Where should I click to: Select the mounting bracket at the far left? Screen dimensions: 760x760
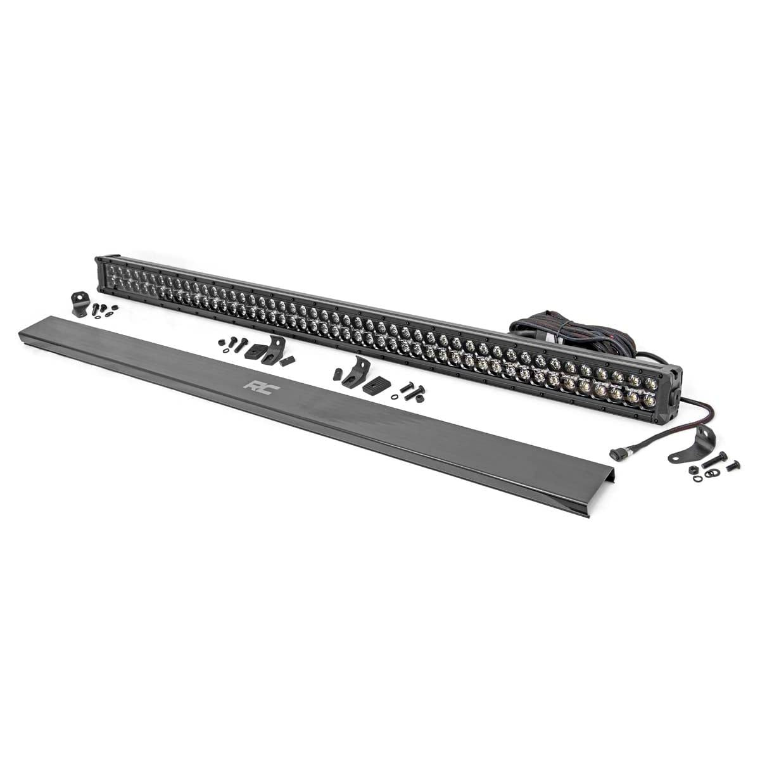(79, 305)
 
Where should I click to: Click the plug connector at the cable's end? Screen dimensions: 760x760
(653, 452)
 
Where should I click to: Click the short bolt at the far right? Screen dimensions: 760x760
(733, 466)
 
